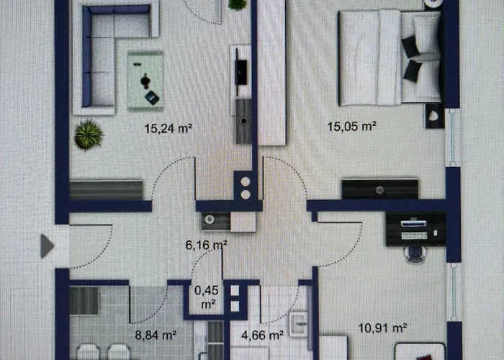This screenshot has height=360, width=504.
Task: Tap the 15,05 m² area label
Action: coord(352,127)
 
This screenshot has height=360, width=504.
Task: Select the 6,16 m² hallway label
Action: coord(207,245)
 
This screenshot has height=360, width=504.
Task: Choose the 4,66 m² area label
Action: coord(262,334)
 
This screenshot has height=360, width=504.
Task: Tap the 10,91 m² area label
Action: coord(382,328)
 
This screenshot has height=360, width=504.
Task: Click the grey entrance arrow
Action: coord(48,246)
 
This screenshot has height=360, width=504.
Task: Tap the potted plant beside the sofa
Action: coord(88,134)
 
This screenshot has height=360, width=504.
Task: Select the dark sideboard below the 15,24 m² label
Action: coord(106,190)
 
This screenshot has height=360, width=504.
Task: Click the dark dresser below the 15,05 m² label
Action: coord(379,189)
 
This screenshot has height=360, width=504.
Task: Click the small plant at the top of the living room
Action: coord(237,4)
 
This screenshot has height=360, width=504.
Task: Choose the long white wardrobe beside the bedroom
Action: coord(271,72)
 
